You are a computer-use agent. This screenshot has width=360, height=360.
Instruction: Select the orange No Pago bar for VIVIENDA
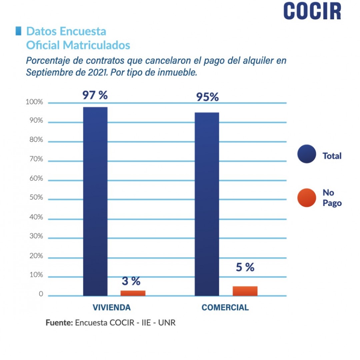[133, 293]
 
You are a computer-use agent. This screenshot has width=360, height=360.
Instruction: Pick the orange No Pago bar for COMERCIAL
[245, 291]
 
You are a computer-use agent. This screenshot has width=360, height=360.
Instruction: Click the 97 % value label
[95, 95]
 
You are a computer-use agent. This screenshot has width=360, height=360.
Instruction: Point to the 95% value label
[207, 97]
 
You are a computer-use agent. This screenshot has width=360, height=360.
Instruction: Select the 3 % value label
[131, 281]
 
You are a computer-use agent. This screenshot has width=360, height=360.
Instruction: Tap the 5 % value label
[245, 267]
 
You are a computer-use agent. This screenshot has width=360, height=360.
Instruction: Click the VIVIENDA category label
[111, 307]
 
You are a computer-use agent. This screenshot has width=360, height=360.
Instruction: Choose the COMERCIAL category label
[225, 307]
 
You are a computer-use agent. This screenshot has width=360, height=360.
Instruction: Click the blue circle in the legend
[307, 154]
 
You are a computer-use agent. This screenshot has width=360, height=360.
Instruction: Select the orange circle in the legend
[307, 198]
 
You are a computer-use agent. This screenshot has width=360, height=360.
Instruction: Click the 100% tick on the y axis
[34, 102]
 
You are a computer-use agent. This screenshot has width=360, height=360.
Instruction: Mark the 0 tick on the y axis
[41, 294]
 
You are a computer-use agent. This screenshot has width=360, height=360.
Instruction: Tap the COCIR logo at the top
[312, 11]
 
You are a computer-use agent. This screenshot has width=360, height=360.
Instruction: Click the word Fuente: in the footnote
[59, 323]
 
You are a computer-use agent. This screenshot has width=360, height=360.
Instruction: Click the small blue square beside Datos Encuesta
[18, 31]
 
